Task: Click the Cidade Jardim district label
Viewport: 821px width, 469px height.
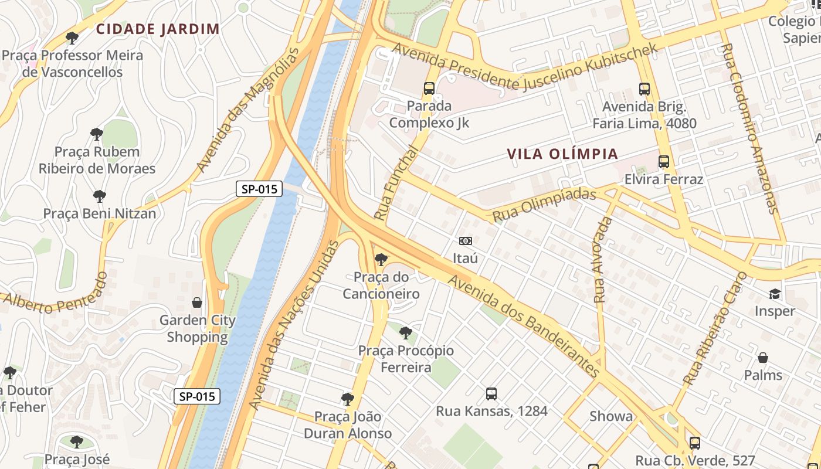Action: click(158, 29)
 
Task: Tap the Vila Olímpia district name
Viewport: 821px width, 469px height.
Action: click(562, 154)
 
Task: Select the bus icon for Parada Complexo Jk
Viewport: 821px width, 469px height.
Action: click(429, 89)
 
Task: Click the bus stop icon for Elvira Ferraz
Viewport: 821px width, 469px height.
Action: click(664, 162)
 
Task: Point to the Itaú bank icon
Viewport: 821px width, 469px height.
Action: click(465, 241)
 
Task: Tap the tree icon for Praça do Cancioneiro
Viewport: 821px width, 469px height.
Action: click(381, 259)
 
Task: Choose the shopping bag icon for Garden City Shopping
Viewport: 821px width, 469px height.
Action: click(197, 303)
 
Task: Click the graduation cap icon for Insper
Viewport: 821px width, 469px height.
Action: click(775, 294)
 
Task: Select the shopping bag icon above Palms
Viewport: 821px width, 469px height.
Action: click(763, 357)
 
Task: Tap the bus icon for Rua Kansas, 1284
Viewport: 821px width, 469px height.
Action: click(491, 394)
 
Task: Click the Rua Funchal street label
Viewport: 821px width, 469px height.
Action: click(397, 182)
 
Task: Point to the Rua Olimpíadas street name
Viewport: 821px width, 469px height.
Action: click(544, 205)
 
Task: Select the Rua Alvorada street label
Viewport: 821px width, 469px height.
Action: click(602, 260)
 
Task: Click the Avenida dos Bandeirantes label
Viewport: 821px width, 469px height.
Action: click(524, 327)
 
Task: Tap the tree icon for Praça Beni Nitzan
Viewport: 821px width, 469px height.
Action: click(99, 196)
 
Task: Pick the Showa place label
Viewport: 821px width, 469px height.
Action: click(611, 416)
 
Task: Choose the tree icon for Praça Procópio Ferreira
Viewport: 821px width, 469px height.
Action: click(405, 334)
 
